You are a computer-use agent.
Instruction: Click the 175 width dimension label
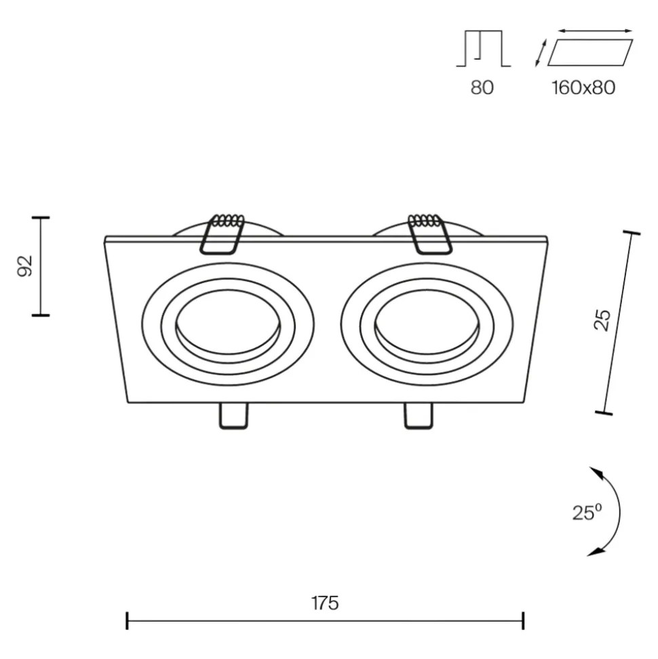coord(325,603)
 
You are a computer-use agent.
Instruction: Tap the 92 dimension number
coord(25,265)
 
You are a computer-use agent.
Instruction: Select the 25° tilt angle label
coord(587,512)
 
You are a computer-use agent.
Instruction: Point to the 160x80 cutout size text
coord(583,88)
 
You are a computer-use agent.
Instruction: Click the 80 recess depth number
coord(482,88)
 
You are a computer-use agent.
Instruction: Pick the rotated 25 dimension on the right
coord(602,320)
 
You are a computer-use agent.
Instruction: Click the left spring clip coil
coord(228,221)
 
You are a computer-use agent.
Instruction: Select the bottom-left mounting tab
coord(233,416)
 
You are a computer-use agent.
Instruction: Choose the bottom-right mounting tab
coord(418,416)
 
